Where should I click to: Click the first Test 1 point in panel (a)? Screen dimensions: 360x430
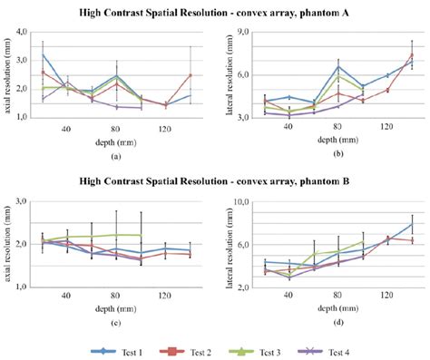tap(44, 54)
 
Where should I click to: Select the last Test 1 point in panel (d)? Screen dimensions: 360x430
tap(412, 224)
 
